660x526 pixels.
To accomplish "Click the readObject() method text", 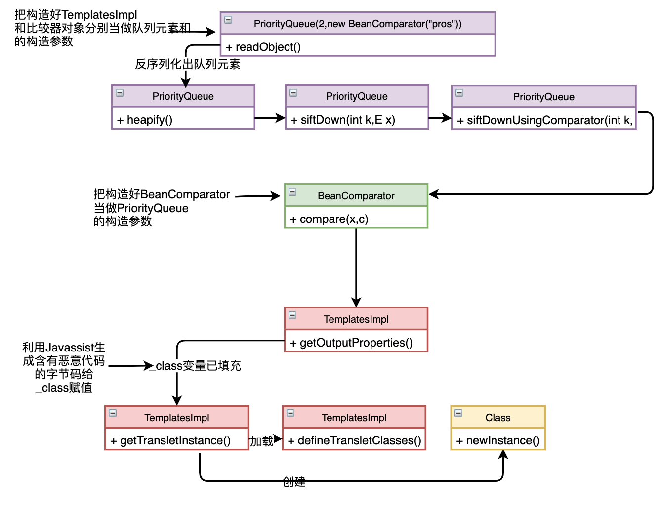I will [x=263, y=47].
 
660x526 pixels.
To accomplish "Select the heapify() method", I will [x=145, y=120].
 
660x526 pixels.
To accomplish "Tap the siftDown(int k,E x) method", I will [x=343, y=120].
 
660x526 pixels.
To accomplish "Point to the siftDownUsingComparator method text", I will [x=545, y=120].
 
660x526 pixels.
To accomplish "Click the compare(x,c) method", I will [x=330, y=219].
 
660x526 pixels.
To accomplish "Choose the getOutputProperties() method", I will [x=352, y=343].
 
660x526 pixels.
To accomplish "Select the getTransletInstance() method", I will [x=171, y=440].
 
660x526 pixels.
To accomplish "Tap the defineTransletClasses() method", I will [x=355, y=440].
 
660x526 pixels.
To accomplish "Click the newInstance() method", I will [x=498, y=440].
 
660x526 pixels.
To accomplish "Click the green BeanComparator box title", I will [x=356, y=196].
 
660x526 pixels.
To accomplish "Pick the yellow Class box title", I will [x=497, y=418].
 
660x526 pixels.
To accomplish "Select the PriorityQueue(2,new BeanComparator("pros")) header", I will [x=357, y=24].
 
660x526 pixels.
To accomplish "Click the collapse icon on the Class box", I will [x=458, y=413].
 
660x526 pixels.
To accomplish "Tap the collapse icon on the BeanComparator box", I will [x=292, y=191].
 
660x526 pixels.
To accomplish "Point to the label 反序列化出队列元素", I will [x=188, y=64].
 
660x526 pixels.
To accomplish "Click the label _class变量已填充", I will [x=198, y=366].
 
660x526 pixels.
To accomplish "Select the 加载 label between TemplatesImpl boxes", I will [x=261, y=441].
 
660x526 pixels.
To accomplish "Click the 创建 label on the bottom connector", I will [x=294, y=482].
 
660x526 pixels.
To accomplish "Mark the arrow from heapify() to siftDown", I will [x=270, y=118].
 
